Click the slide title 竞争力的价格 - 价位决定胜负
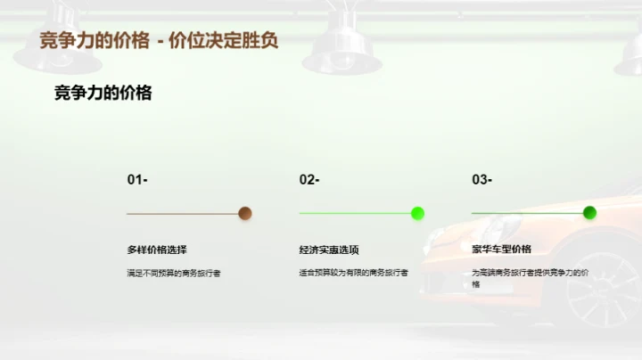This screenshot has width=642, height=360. point(160,41)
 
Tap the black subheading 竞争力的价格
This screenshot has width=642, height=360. point(103,93)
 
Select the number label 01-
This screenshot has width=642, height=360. point(137,180)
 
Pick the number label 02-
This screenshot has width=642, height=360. point(309,180)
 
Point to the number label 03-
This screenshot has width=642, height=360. point(481,180)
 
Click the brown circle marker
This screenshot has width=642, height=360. point(245,213)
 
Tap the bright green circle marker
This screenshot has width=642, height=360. point(417,213)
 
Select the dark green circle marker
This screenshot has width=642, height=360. point(589,213)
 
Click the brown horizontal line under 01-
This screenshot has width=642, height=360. point(183,214)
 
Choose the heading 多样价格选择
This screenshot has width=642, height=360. point(157,250)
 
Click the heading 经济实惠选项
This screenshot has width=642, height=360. point(329,250)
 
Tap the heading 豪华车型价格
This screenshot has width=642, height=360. point(501,250)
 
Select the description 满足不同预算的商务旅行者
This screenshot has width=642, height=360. point(173,273)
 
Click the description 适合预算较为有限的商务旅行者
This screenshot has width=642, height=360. point(353,273)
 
